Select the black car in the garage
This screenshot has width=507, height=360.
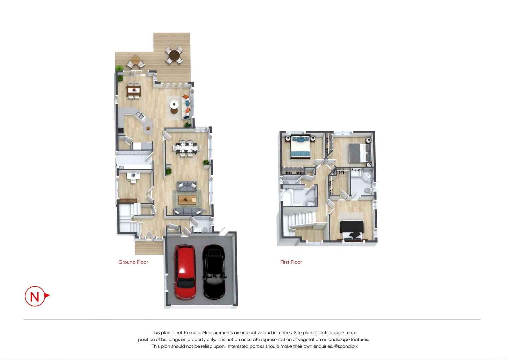214,272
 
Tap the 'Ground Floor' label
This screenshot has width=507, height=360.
133,262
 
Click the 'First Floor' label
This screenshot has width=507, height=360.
291,262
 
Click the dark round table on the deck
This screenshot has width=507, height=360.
174,55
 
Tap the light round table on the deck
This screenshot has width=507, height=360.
135,60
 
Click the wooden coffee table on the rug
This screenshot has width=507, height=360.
187,200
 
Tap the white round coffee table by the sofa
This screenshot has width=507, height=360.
174,105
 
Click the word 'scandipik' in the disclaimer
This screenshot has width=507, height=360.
348,346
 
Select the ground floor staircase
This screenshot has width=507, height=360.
127,218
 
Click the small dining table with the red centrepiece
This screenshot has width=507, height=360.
134,90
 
